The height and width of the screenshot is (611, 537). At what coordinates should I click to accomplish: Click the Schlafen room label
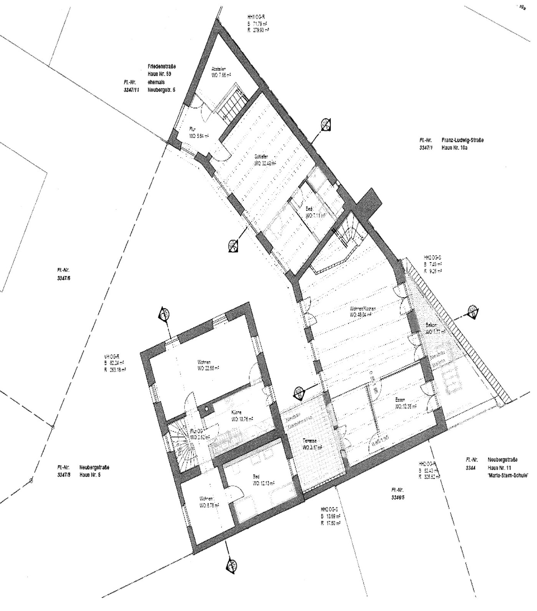click(260, 157)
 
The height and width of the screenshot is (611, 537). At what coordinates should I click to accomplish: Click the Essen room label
click(400, 400)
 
